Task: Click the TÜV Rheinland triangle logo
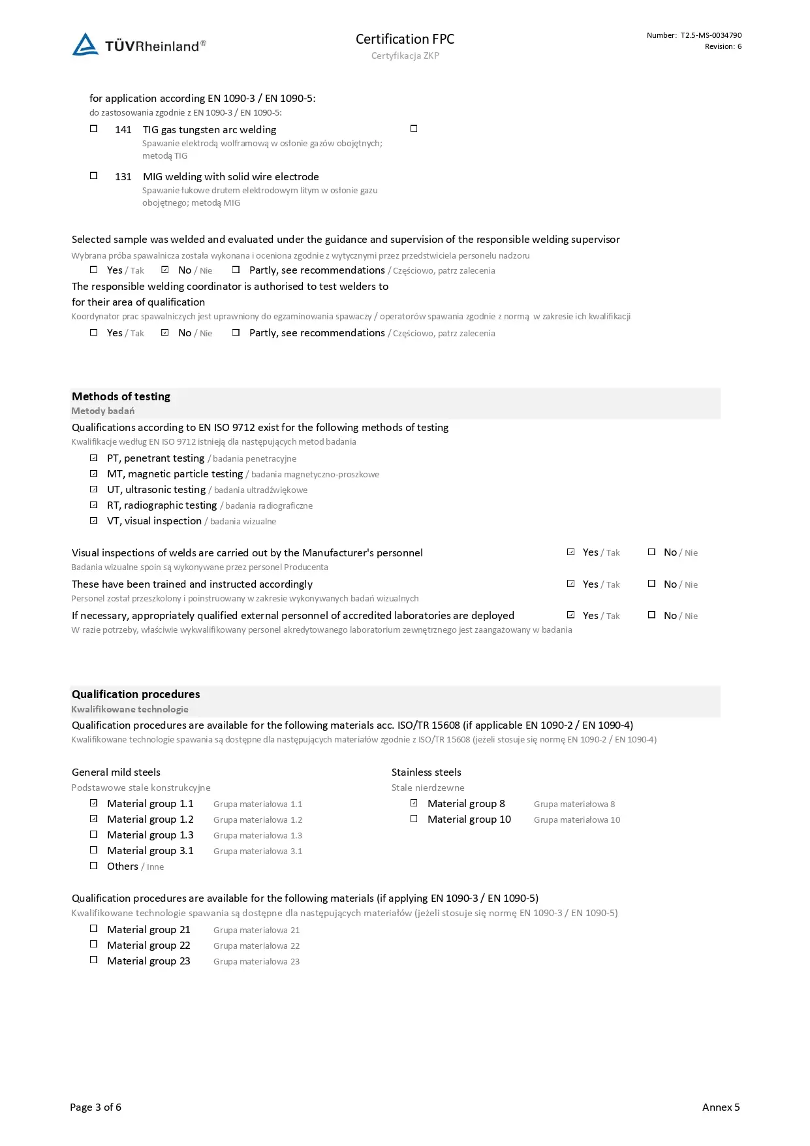coord(86,44)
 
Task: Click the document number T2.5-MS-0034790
coord(711,35)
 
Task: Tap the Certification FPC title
coord(405,39)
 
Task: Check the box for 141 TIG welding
coord(93,129)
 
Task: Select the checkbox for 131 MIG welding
coord(93,176)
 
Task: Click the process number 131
coord(123,177)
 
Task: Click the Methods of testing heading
coord(121,396)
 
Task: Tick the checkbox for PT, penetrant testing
coord(93,458)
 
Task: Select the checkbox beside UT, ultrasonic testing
coord(93,489)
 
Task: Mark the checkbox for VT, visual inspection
coord(93,520)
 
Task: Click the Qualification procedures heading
coord(136,694)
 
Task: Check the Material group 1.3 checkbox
coord(93,835)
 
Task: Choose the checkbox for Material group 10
coord(414,819)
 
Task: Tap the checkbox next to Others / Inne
coord(93,866)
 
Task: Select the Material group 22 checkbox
coord(93,944)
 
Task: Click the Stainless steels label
coord(426,772)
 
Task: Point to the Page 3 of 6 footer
coord(95,1107)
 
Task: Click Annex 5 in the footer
coord(721,1107)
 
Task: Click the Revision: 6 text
coord(723,46)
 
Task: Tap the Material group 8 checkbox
coord(414,803)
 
